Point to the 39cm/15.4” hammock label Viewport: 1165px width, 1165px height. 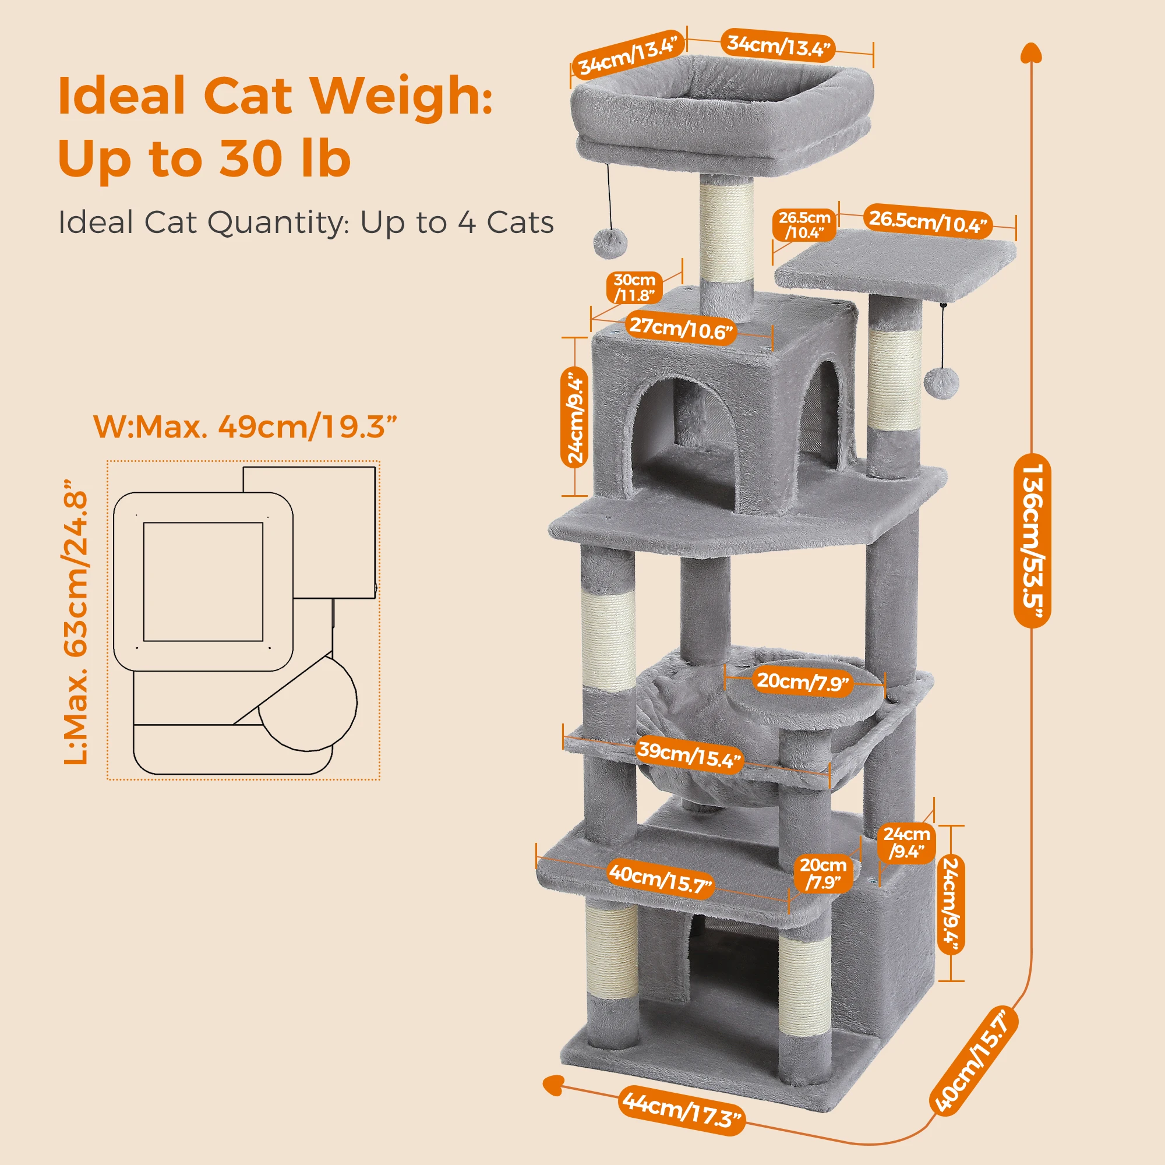click(x=689, y=755)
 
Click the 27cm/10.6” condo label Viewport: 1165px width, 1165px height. click(x=682, y=329)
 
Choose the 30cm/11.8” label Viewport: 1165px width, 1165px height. click(x=634, y=288)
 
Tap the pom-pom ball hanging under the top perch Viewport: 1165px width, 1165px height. click(x=610, y=243)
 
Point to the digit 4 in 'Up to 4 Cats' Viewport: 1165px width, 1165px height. click(x=466, y=223)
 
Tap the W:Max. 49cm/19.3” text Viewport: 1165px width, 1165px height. click(x=245, y=427)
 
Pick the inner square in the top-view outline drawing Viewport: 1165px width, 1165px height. click(x=203, y=581)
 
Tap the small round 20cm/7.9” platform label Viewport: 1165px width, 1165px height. click(x=803, y=682)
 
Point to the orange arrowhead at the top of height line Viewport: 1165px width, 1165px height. click(x=1031, y=53)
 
